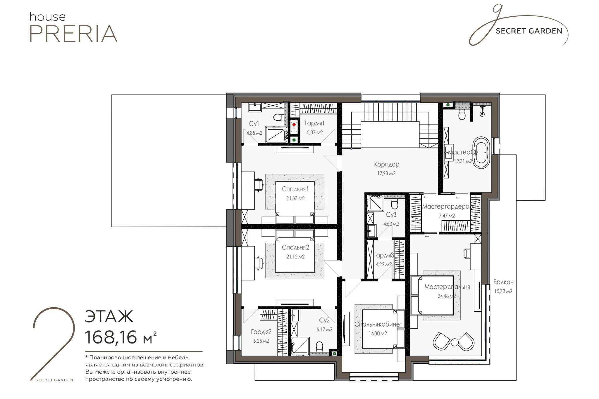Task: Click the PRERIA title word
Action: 73,34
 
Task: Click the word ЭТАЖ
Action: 109,316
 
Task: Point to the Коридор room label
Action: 386,164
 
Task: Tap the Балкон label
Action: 503,282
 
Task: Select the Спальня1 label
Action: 295,189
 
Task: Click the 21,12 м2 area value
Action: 295,257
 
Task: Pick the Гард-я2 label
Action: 261,332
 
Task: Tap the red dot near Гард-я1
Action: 294,125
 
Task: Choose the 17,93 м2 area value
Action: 386,174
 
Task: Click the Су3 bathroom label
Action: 391,215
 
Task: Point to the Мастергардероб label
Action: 447,207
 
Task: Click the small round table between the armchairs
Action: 455,341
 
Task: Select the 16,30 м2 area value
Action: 378,334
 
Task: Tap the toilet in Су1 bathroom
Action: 278,117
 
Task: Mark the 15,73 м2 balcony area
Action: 503,291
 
